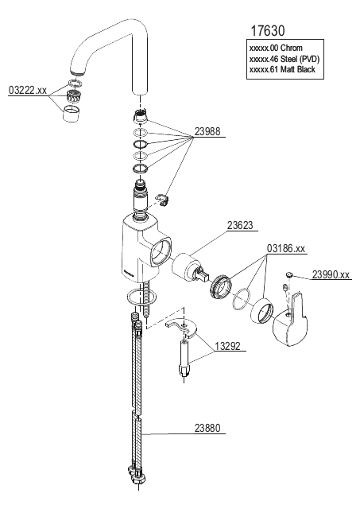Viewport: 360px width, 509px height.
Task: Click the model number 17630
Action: [x=268, y=31]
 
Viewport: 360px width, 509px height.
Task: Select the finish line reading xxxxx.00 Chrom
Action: [x=276, y=48]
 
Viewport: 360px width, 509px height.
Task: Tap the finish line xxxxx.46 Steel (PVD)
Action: [x=285, y=59]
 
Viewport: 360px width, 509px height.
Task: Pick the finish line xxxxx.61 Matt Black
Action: [x=282, y=69]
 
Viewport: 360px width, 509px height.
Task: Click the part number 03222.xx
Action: [x=28, y=90]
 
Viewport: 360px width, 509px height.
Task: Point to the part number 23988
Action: [x=207, y=131]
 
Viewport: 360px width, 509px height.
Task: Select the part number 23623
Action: [x=240, y=225]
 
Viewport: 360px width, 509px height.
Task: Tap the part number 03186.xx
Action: [x=286, y=248]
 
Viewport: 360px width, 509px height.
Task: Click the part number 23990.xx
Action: [x=331, y=274]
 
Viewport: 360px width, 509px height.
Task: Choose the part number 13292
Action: [x=227, y=346]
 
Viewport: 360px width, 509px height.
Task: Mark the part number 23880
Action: [x=207, y=428]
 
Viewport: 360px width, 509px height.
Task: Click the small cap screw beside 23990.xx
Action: [x=289, y=275]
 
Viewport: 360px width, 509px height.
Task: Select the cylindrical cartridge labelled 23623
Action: [x=188, y=267]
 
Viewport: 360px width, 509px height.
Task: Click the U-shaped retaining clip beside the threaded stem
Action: [x=162, y=200]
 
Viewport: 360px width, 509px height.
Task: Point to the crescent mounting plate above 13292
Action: [x=182, y=327]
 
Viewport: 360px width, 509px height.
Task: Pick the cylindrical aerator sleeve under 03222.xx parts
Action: [x=72, y=114]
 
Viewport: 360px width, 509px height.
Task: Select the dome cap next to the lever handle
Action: [x=262, y=311]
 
